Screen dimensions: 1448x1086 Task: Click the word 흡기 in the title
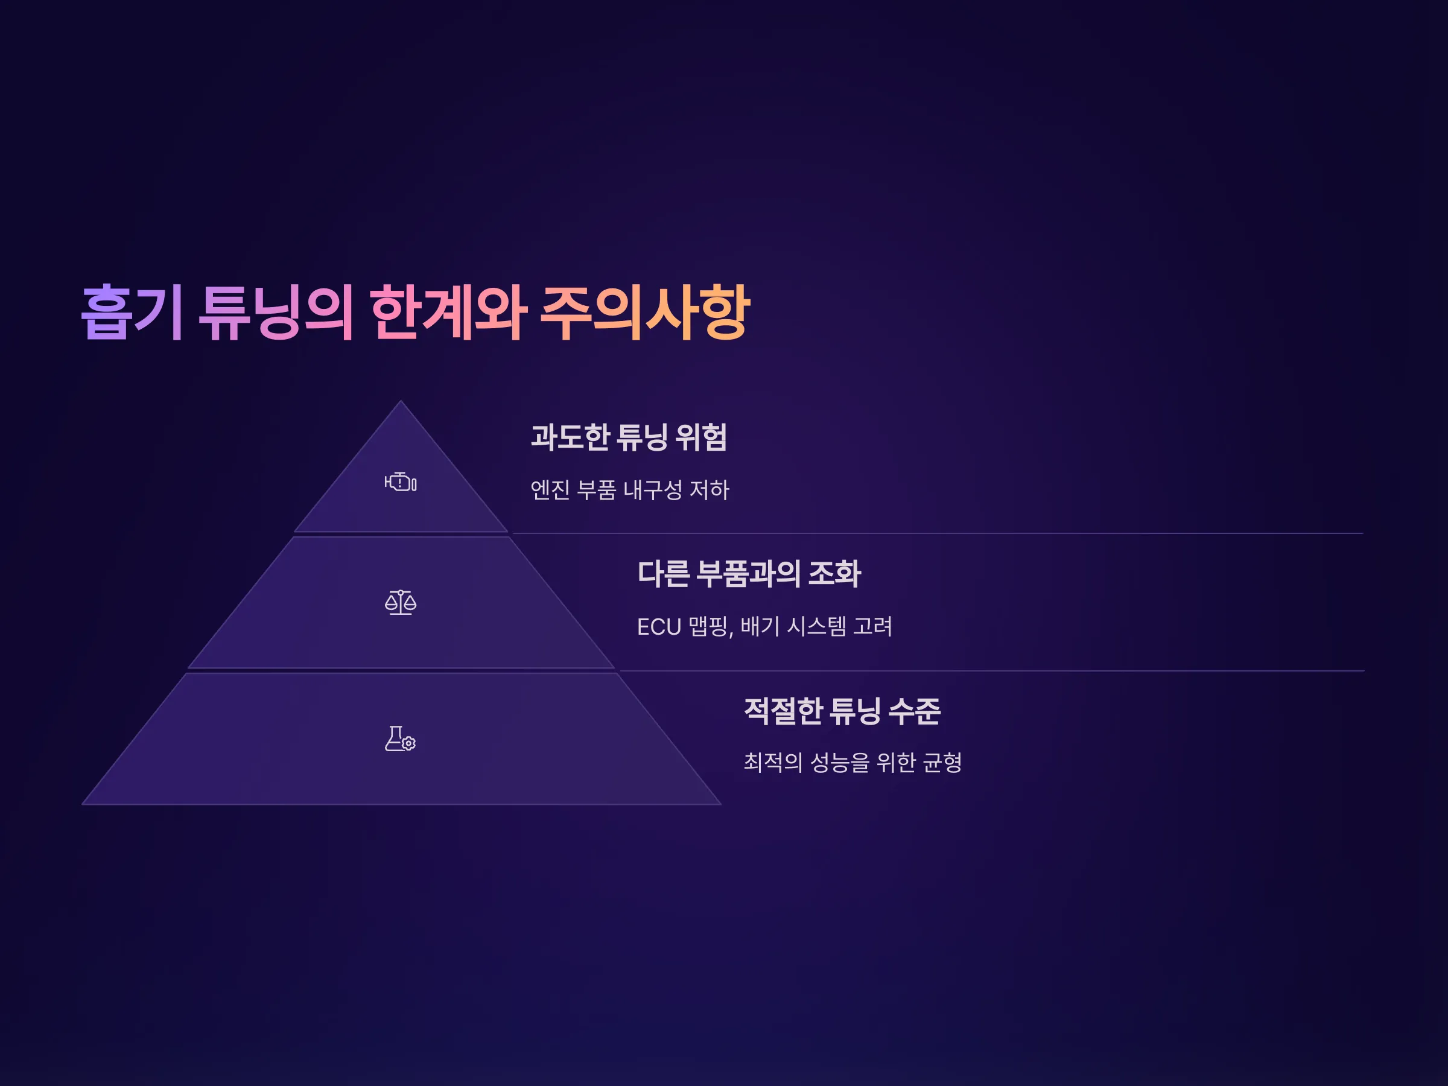(132, 313)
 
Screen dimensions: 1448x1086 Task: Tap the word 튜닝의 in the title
(276, 313)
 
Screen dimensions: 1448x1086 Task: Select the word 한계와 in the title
(448, 313)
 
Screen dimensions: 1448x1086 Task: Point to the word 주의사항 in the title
(645, 313)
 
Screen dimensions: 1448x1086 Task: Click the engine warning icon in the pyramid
(401, 483)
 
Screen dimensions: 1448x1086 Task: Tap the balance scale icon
(401, 602)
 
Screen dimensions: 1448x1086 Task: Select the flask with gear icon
(401, 738)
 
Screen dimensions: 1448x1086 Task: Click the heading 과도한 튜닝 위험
(629, 437)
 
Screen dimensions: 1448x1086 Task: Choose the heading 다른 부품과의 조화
(749, 573)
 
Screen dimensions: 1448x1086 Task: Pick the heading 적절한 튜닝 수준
(842, 711)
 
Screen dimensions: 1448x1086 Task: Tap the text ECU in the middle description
(659, 627)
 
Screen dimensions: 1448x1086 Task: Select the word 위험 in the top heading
(701, 437)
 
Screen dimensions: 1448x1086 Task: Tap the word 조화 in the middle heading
(834, 573)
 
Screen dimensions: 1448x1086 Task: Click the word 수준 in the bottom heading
(915, 711)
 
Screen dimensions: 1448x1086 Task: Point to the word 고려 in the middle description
(872, 626)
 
